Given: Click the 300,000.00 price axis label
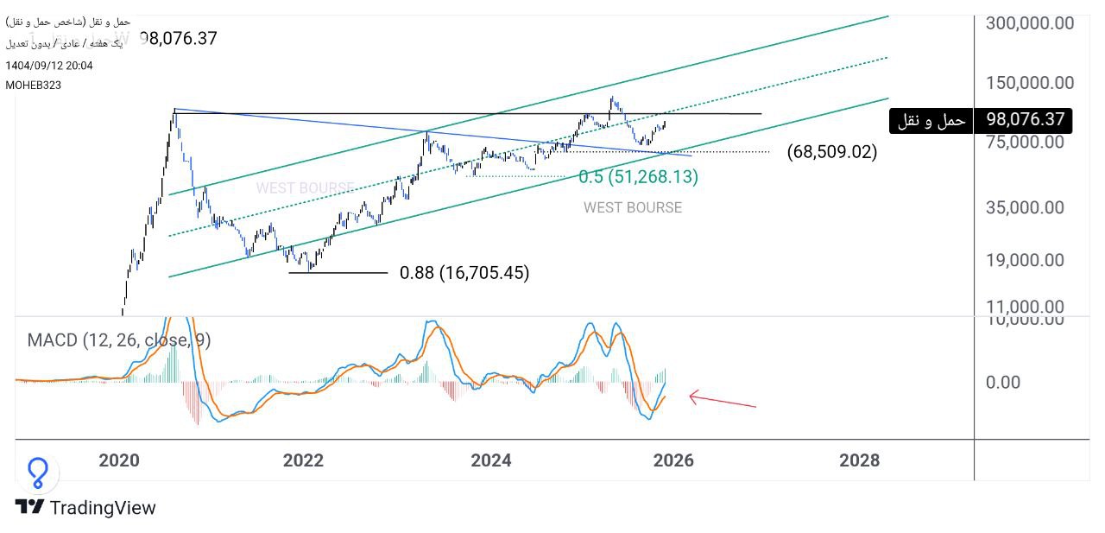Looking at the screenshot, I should [1030, 23].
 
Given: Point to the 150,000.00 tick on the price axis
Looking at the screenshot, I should [1030, 83].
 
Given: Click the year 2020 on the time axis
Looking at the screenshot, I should [119, 460].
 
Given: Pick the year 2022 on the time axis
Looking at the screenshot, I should [303, 460].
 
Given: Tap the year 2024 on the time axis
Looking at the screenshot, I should [490, 460].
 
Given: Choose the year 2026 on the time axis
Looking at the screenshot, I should [673, 460].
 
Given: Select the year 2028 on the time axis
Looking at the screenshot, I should [860, 460].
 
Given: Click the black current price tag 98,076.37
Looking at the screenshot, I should [1023, 120].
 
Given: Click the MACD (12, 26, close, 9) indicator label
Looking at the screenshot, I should [119, 340].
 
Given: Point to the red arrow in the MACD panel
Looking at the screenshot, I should [722, 400].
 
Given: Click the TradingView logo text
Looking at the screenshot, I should [103, 508].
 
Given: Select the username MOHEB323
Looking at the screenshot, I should [33, 85].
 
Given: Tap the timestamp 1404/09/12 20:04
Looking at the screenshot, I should [49, 66].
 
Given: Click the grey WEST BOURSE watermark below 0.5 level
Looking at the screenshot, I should [632, 207].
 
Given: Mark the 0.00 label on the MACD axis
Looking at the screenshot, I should [1004, 383].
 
